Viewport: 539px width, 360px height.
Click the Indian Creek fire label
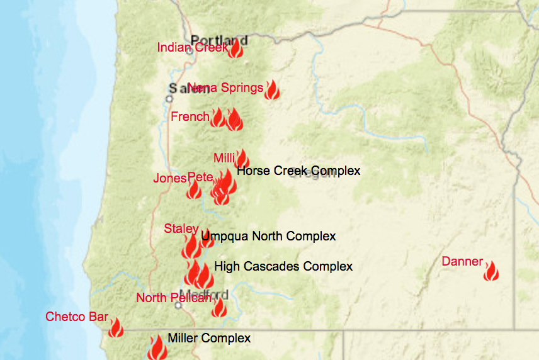point(192,48)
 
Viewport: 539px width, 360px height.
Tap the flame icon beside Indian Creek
point(235,49)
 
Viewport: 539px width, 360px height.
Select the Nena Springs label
point(225,88)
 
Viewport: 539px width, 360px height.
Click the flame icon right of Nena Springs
point(272,90)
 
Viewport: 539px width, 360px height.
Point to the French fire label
point(190,116)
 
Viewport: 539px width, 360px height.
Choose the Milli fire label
point(224,157)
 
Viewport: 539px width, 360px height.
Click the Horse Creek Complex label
point(298,171)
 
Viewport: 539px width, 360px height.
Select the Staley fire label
point(181,228)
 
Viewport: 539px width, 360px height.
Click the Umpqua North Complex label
point(268,236)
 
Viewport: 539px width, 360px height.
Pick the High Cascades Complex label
point(283,266)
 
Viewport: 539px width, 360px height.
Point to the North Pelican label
point(174,298)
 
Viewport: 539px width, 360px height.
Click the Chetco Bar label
point(77,317)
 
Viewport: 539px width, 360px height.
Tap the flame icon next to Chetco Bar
point(116,327)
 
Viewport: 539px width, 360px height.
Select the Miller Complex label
point(209,338)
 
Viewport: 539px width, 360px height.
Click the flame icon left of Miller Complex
point(157,347)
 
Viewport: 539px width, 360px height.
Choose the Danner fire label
point(462,261)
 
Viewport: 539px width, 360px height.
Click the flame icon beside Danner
point(491,271)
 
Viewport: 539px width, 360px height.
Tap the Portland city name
point(219,40)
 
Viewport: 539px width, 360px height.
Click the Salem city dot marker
point(169,99)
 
